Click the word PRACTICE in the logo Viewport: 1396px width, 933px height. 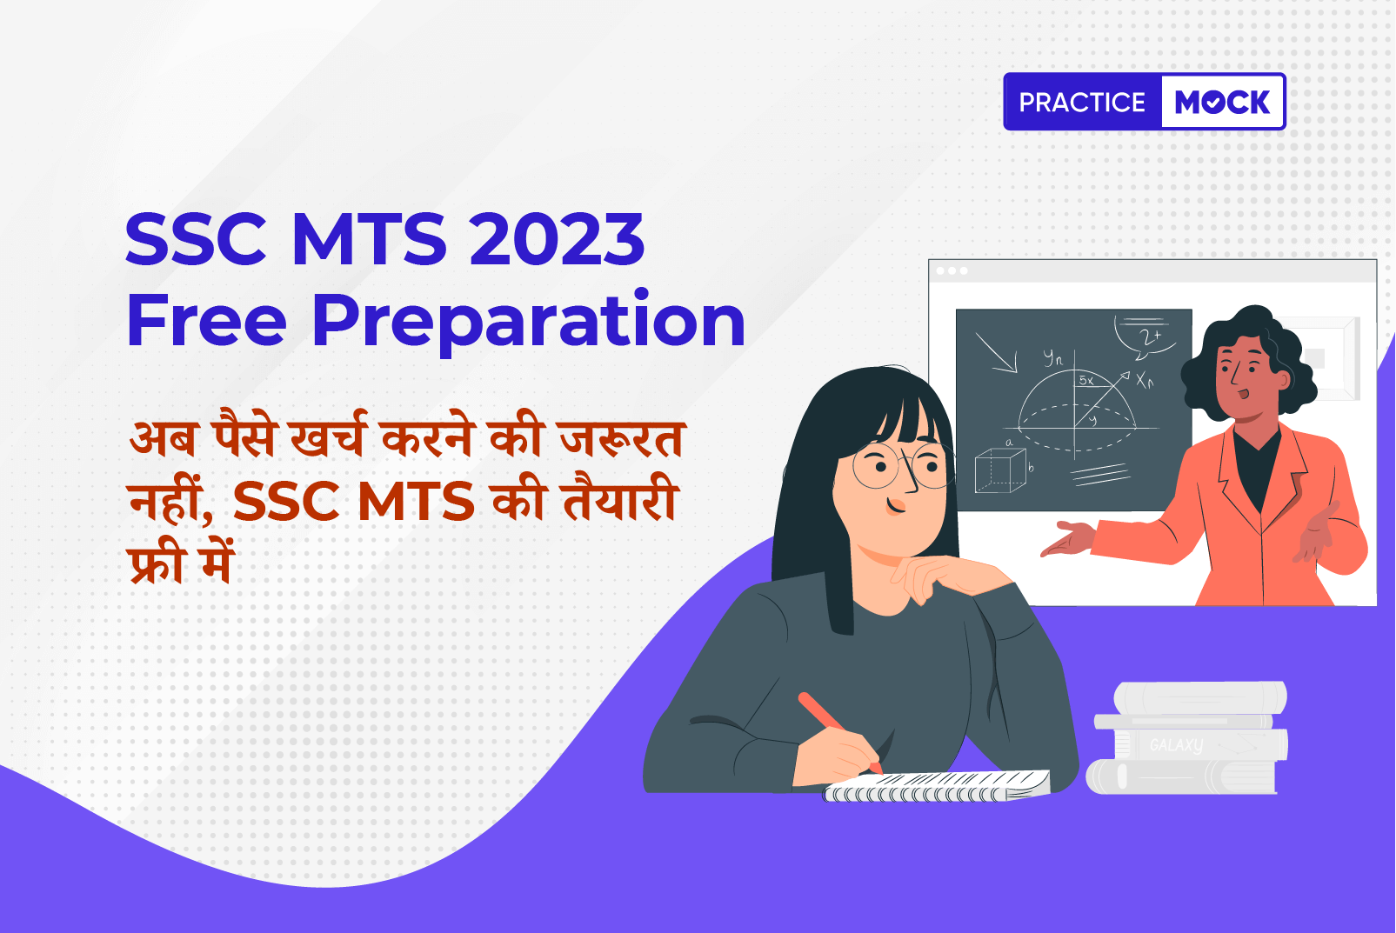[x=1082, y=102]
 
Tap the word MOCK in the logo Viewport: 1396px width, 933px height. [x=1222, y=102]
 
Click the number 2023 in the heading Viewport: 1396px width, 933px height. [x=557, y=238]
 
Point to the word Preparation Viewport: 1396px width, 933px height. [x=529, y=323]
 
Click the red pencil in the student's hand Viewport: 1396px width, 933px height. [x=840, y=733]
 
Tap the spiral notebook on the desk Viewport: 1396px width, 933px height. [x=936, y=786]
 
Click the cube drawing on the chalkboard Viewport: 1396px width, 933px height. [x=1001, y=470]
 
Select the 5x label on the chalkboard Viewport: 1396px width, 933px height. [x=1086, y=379]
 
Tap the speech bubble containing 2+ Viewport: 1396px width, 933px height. [x=1146, y=337]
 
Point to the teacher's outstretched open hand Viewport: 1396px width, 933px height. [x=1068, y=538]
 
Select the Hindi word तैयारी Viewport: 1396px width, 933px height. [x=621, y=497]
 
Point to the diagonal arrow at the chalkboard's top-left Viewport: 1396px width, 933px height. [x=996, y=353]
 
